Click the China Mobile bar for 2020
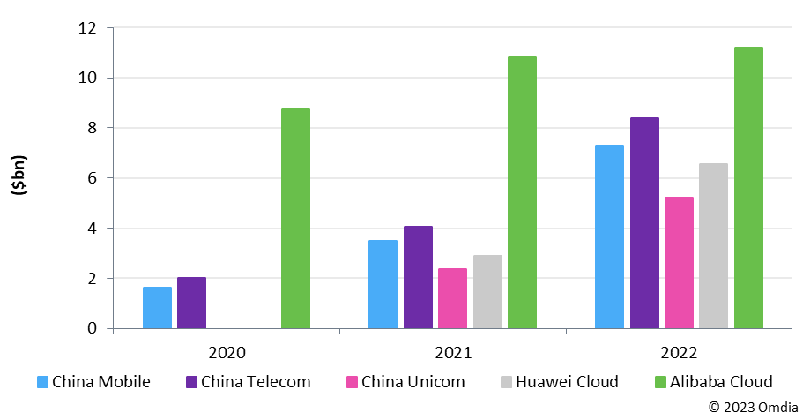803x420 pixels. tap(157, 308)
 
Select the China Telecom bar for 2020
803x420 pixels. tap(191, 303)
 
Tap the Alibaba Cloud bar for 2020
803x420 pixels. tap(295, 218)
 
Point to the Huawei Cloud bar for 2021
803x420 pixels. tap(487, 292)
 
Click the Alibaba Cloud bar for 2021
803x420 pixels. tap(522, 192)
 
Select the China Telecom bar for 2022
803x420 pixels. tap(644, 223)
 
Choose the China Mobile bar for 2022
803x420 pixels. tap(609, 236)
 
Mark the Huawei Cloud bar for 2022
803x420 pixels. tap(713, 246)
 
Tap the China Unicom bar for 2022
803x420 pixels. tap(679, 263)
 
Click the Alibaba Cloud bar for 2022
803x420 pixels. tap(748, 188)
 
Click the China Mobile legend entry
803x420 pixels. tap(93, 382)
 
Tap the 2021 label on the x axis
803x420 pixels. tap(452, 353)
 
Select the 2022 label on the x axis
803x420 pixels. tap(679, 353)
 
